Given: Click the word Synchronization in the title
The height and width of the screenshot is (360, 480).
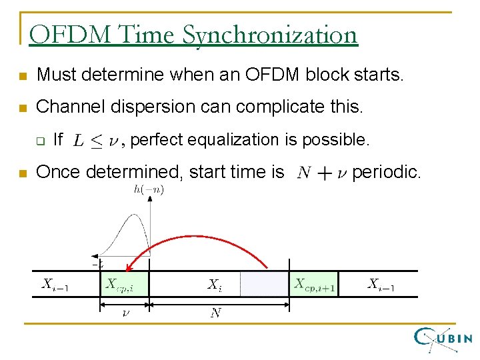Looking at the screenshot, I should [270, 35].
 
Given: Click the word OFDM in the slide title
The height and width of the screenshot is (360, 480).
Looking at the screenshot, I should [61, 35].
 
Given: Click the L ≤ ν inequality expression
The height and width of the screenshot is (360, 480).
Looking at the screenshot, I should [98, 140].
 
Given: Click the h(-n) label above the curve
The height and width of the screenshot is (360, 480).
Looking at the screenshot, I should [149, 190].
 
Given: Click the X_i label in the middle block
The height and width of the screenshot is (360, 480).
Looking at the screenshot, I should [213, 285].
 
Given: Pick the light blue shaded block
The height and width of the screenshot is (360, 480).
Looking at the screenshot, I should [264, 284].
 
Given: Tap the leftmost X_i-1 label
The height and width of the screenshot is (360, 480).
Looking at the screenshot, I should [55, 284].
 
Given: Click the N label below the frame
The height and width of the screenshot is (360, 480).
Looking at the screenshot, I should [215, 313].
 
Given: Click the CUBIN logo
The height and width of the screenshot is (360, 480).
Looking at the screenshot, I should [443, 339].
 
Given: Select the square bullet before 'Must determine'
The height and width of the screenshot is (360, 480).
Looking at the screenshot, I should [22, 76].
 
